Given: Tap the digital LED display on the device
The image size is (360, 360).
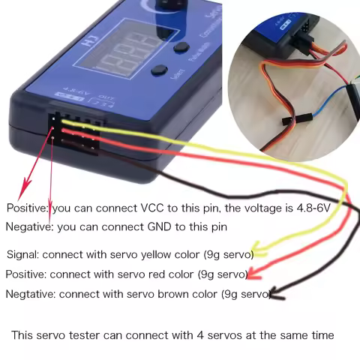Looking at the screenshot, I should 120,54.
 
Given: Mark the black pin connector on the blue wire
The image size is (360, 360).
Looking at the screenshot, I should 287,120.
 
